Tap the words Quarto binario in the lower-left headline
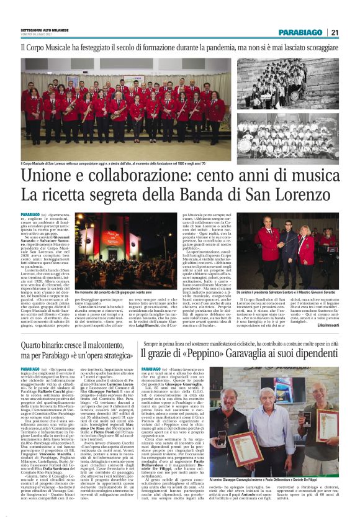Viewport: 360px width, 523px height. tap(43, 344)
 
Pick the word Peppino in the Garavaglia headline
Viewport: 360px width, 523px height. tap(204, 355)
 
